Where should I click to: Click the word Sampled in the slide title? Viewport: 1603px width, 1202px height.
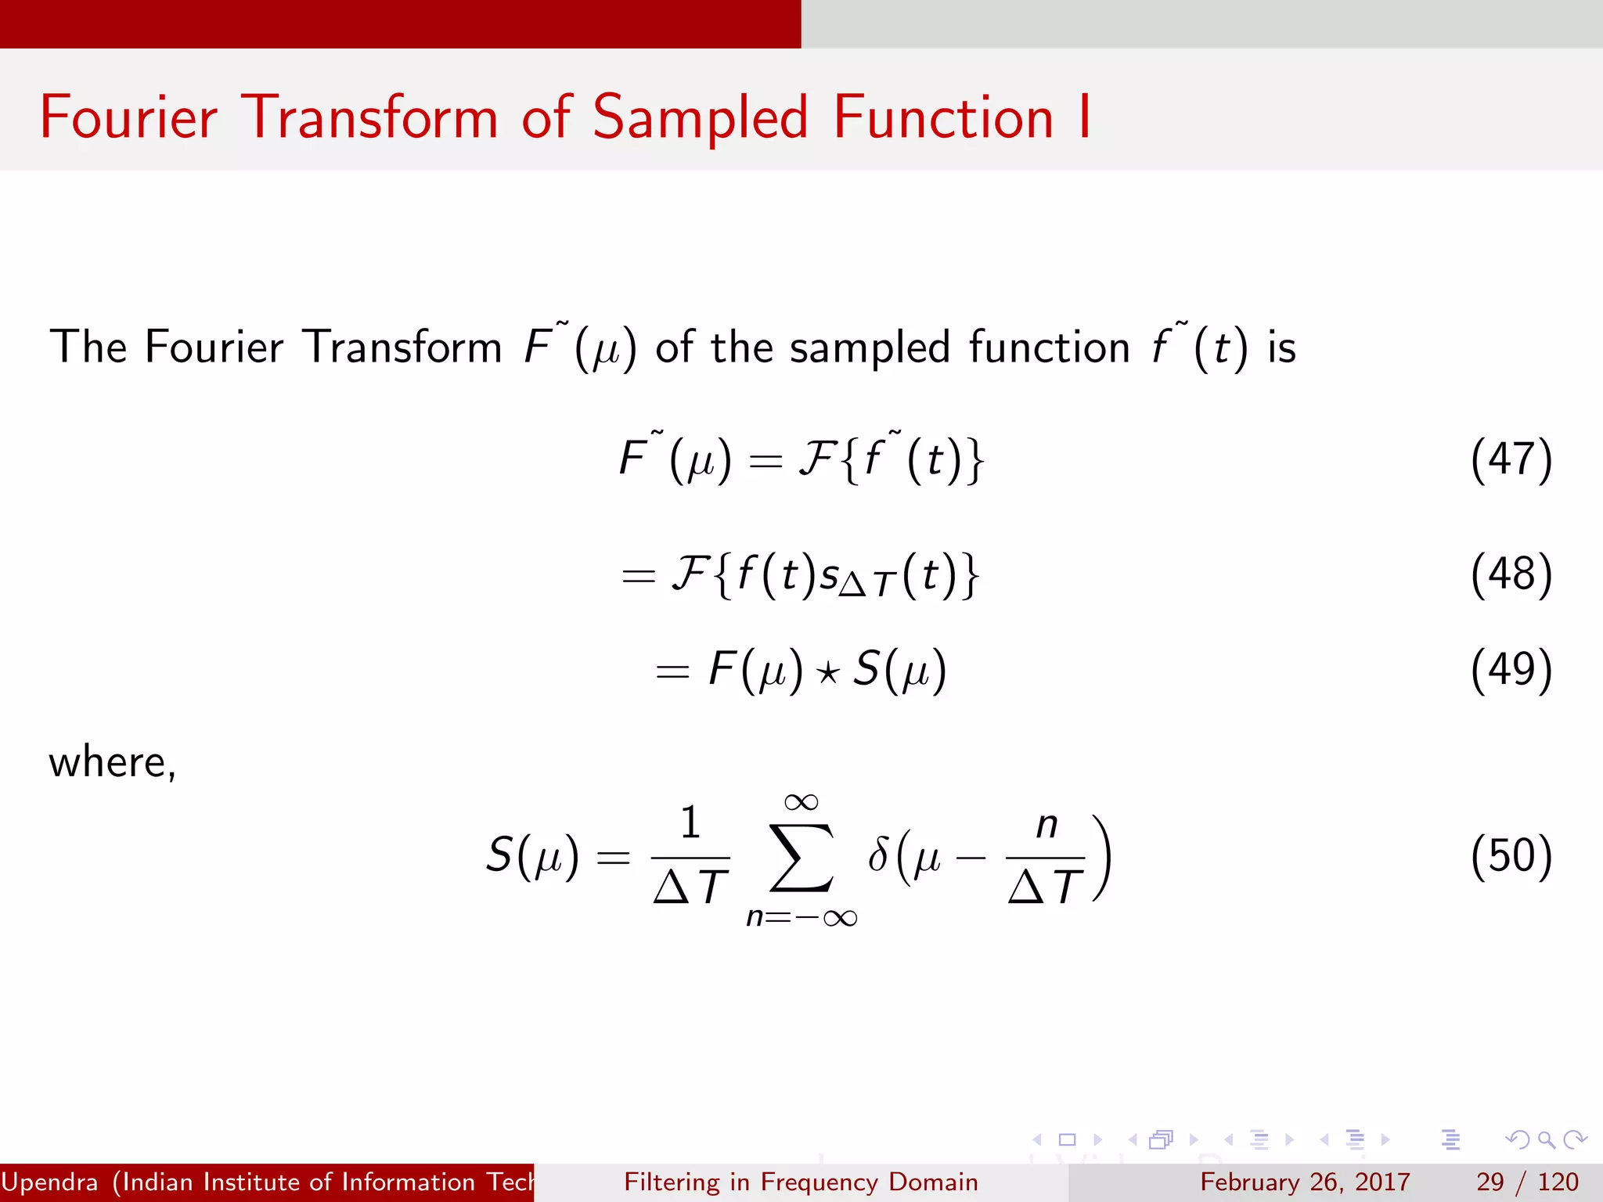(700, 118)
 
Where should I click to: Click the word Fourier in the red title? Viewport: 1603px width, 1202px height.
(128, 118)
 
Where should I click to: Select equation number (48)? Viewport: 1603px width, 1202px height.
(1511, 574)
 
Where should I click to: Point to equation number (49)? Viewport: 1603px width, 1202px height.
(1511, 670)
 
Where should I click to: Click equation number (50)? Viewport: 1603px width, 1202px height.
(1511, 855)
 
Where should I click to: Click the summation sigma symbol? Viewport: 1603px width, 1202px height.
(801, 857)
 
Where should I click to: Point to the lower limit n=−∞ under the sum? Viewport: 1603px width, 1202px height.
(801, 917)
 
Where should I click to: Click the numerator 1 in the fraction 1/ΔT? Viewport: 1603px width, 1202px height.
(690, 823)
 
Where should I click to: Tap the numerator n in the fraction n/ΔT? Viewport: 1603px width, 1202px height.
(1046, 825)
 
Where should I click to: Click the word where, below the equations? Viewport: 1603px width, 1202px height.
(112, 762)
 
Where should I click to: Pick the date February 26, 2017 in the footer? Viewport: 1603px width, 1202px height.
(1305, 1182)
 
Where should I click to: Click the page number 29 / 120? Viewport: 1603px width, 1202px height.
(1526, 1182)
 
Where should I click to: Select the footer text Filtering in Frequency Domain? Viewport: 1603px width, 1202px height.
(801, 1182)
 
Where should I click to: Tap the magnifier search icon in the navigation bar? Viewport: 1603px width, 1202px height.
(1546, 1139)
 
